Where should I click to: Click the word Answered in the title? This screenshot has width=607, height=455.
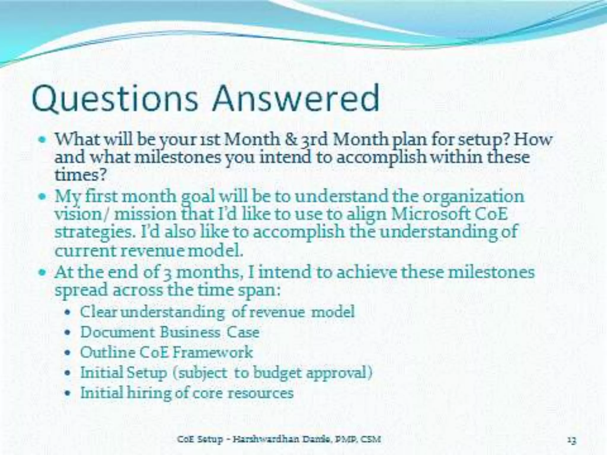coord(296,98)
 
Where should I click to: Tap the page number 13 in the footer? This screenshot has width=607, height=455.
coord(572,439)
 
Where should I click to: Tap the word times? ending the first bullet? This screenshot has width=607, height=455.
coord(80,175)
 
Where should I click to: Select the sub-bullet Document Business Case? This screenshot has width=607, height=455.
coord(170,332)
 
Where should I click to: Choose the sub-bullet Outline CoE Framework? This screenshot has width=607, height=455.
coord(166,353)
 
